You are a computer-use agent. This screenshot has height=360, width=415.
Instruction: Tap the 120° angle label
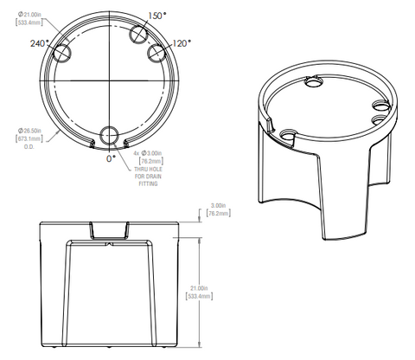[x=181, y=42]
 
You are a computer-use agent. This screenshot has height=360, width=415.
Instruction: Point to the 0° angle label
[x=110, y=159]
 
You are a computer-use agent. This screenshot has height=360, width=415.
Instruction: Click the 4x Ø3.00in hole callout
[x=148, y=152]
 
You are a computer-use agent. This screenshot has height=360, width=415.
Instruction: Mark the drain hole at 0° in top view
[x=110, y=136]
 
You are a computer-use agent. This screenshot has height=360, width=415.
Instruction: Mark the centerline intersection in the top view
[x=110, y=81]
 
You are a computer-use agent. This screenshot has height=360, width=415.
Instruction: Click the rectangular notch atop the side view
[x=110, y=228]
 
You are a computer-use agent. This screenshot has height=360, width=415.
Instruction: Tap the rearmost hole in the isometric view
[x=313, y=84]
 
